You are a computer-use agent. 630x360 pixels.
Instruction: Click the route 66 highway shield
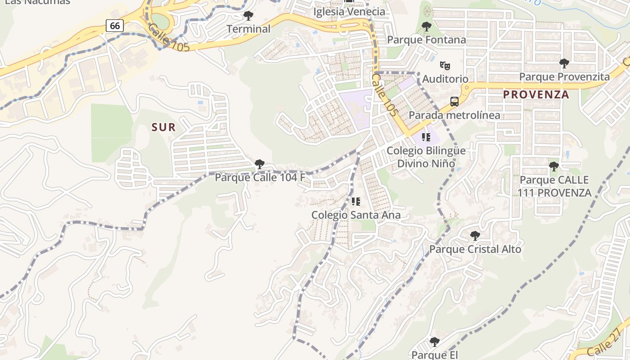coord(115,26)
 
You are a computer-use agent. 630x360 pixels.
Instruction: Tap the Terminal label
coord(248,29)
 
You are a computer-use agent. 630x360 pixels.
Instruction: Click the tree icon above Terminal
coord(248,16)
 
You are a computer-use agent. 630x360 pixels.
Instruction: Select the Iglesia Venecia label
coord(349,12)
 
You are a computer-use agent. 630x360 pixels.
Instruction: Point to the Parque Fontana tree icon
coord(427,27)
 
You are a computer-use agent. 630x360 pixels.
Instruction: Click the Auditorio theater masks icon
coord(445,66)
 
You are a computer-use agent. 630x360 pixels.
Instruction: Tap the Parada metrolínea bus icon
coord(454,102)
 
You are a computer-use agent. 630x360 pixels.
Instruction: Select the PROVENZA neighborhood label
coord(536,94)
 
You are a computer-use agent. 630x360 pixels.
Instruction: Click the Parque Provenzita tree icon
coord(564,63)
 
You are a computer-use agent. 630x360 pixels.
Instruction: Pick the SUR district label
coord(163,127)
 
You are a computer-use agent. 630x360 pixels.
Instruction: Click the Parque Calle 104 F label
coord(260,177)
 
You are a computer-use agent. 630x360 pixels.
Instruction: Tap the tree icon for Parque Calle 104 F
coord(259,164)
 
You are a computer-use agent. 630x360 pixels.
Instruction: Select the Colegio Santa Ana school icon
coord(356,202)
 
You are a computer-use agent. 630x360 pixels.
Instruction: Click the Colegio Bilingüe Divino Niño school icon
coord(426,137)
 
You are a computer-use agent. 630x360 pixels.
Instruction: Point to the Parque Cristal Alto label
coord(475,249)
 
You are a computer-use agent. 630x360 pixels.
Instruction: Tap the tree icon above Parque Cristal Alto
coord(475,236)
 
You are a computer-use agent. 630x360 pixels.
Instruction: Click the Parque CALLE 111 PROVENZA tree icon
coord(554,167)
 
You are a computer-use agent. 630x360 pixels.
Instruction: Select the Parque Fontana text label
coord(427,40)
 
